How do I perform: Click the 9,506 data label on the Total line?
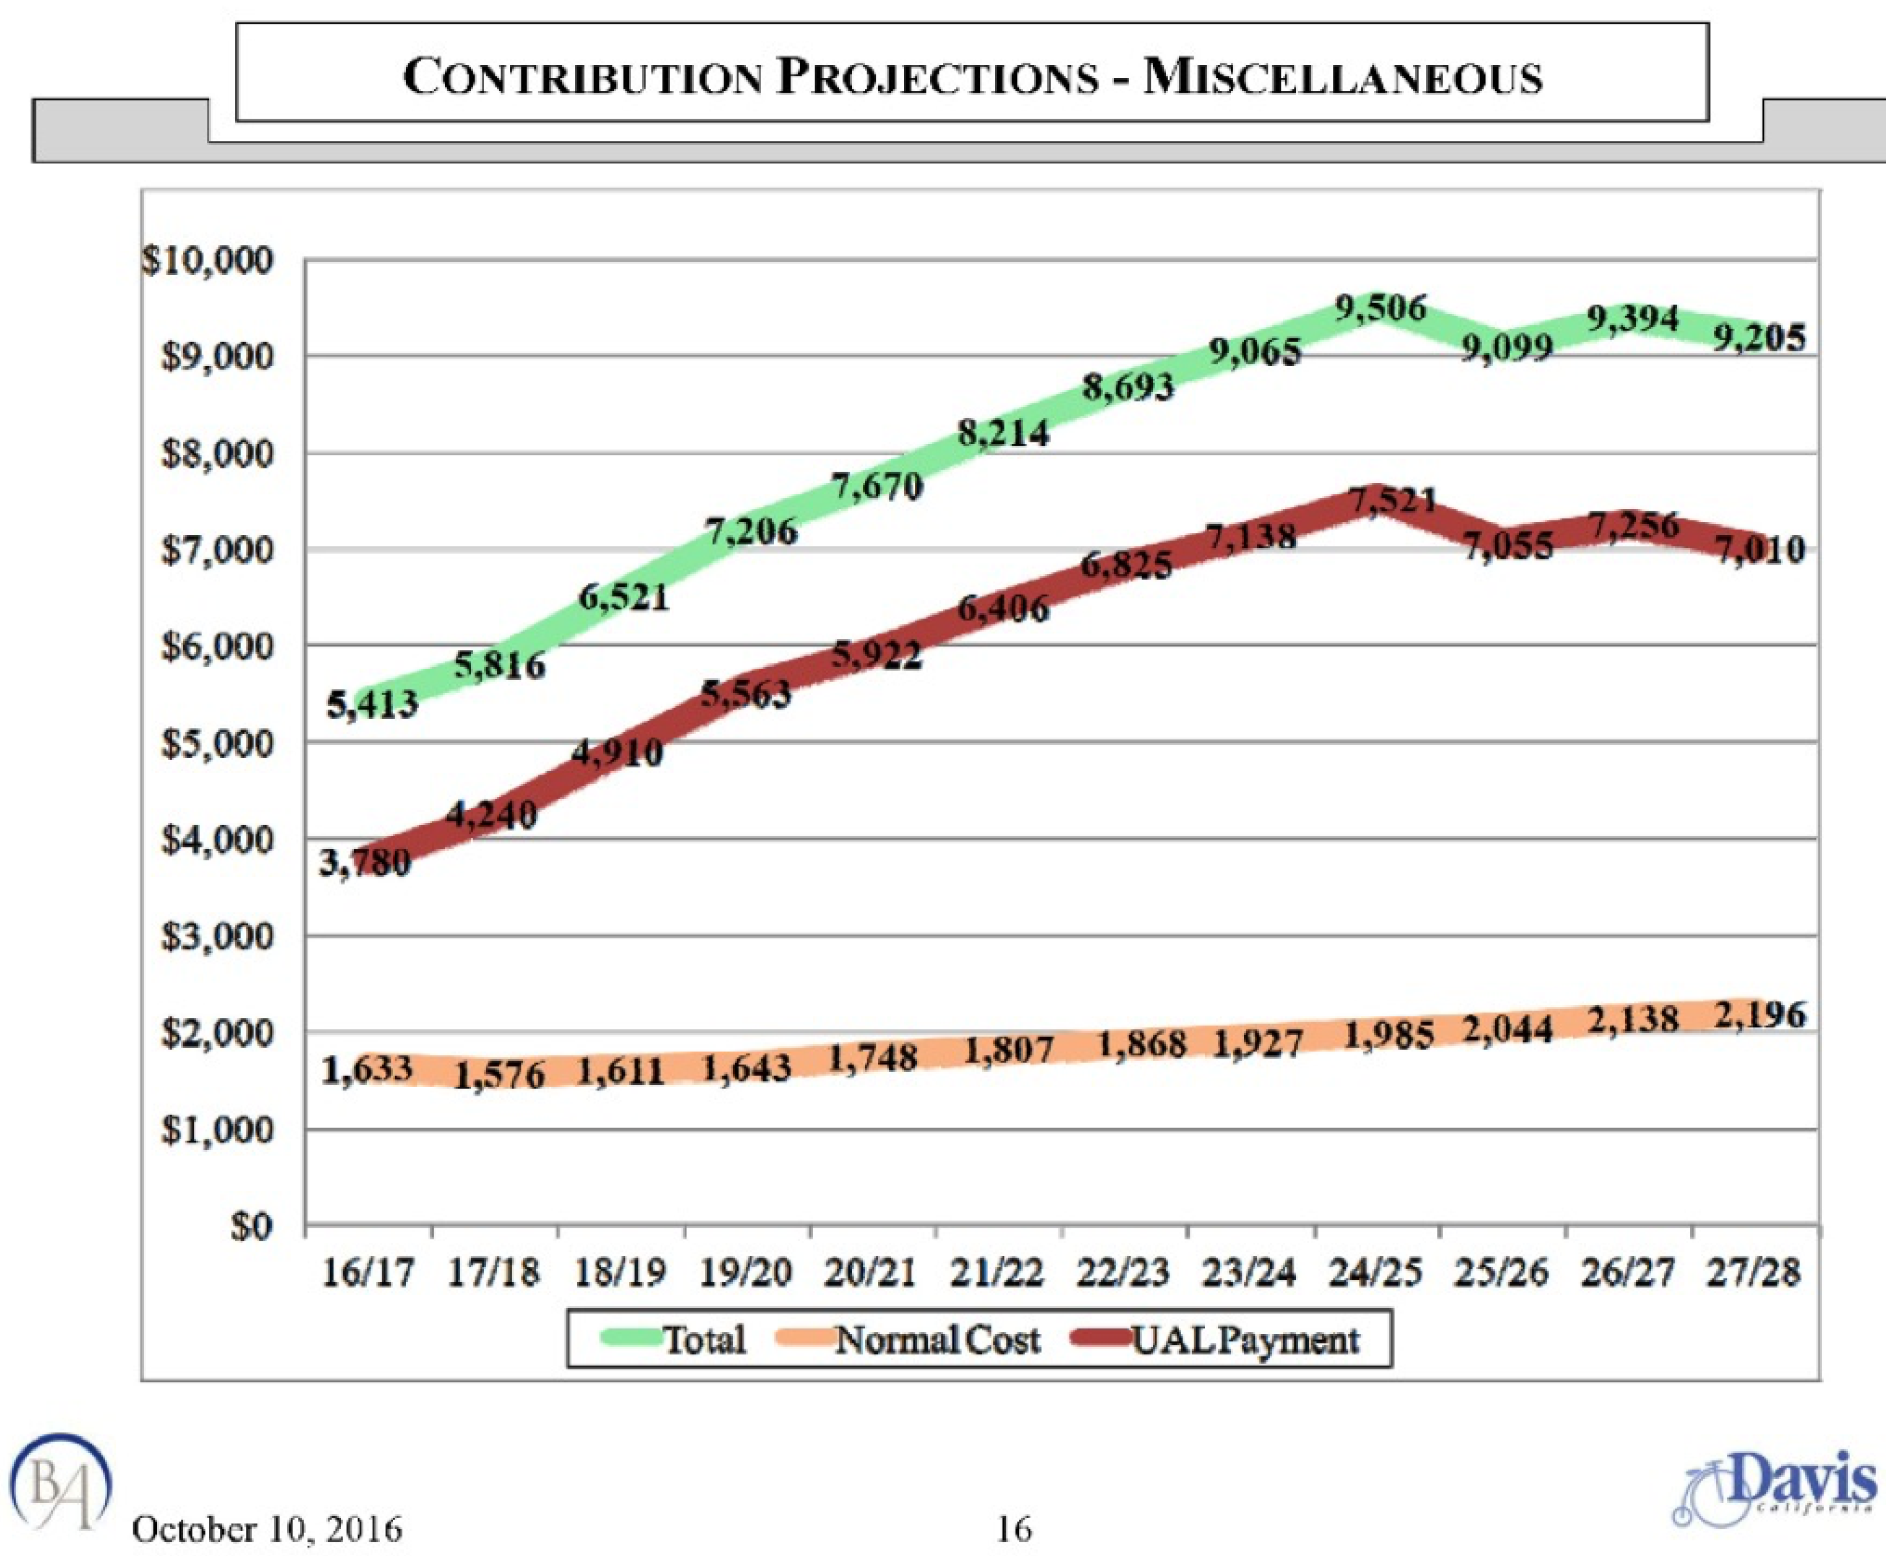point(1380,307)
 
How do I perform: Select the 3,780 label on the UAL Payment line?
point(365,863)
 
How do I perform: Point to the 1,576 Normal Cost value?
point(499,1075)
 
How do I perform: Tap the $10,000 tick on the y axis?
point(208,260)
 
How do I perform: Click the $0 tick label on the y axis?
point(251,1227)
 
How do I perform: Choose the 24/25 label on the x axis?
point(1375,1272)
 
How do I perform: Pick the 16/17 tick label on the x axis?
point(367,1272)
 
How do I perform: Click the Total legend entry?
point(702,1340)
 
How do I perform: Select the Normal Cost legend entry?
point(936,1340)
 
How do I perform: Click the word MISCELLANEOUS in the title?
point(1342,76)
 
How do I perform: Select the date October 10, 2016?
point(268,1529)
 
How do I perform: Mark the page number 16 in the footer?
point(1014,1529)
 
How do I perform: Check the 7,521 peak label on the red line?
point(1392,502)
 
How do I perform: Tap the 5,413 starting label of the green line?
point(373,706)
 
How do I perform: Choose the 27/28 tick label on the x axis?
point(1753,1272)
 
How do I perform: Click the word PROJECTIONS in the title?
point(938,76)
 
